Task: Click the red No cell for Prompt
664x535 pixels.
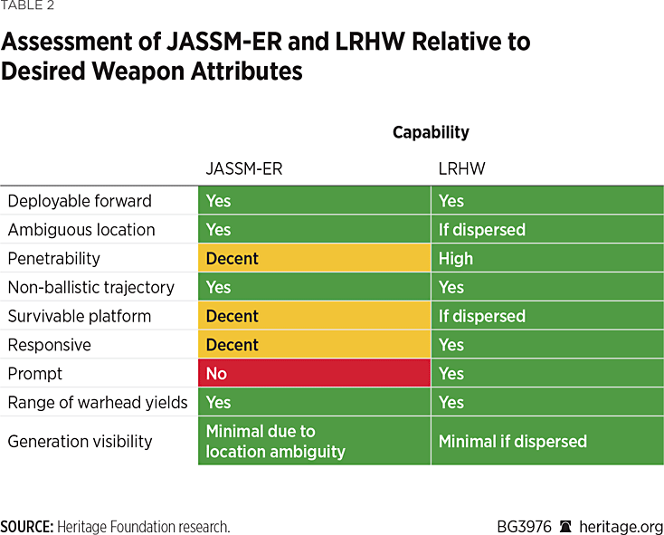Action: [314, 373]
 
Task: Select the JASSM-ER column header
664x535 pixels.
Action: [244, 168]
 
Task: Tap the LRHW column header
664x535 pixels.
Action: [461, 168]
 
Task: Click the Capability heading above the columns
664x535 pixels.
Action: [431, 132]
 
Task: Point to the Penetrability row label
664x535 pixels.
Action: [53, 258]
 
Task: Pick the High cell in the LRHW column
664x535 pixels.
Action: [547, 258]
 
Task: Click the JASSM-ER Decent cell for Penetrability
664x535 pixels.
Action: [314, 258]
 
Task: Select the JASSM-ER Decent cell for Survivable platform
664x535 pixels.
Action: [314, 316]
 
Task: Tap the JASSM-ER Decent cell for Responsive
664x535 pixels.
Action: [314, 344]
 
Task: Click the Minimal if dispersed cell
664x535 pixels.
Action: [547, 441]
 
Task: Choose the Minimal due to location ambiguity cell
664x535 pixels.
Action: [314, 441]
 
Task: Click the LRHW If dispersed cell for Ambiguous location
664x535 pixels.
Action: [547, 229]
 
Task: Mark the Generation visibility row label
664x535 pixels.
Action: [80, 442]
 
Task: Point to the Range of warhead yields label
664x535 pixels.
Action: [98, 403]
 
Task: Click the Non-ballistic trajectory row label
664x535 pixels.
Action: [91, 287]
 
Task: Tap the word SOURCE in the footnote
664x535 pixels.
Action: [27, 527]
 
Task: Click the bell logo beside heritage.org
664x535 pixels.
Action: [565, 527]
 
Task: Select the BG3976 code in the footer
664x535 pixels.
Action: [525, 527]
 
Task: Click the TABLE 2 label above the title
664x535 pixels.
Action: [27, 5]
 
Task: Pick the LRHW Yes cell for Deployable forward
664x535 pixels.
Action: [547, 200]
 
